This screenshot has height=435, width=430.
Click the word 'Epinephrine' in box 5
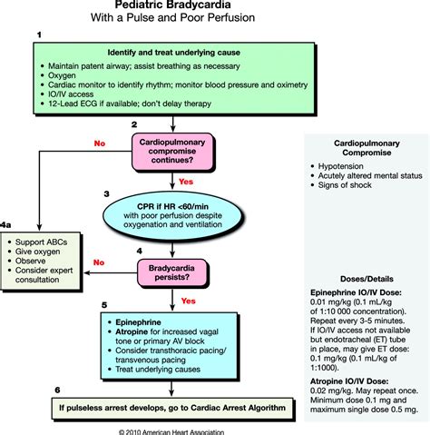136,322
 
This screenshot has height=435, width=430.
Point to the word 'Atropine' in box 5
132,333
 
